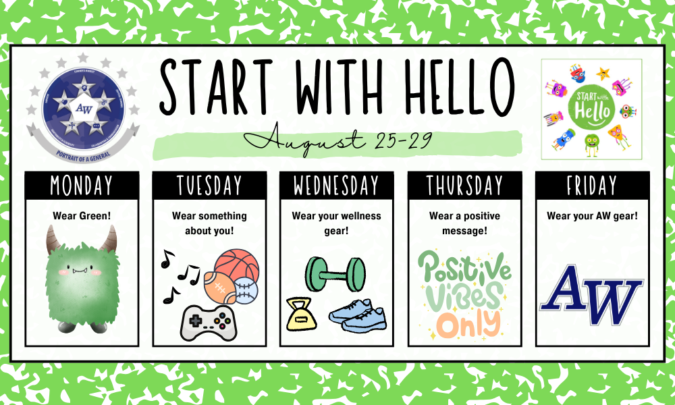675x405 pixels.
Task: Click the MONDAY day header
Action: [x=82, y=185]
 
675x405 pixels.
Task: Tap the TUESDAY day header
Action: [x=209, y=185]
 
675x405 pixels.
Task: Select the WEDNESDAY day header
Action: [x=337, y=185]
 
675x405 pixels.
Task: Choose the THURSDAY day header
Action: [x=464, y=185]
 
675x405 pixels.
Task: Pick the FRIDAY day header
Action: [x=592, y=185]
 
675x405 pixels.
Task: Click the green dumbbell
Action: [x=335, y=274]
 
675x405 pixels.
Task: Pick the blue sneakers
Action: [x=358, y=316]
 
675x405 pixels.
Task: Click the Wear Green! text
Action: [x=82, y=216]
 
